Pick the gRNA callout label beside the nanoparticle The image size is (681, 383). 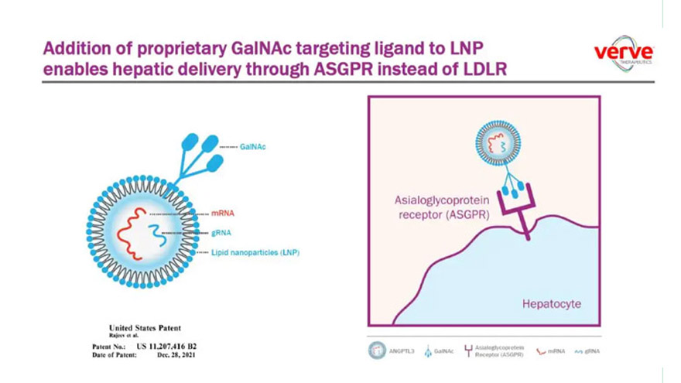221,232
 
